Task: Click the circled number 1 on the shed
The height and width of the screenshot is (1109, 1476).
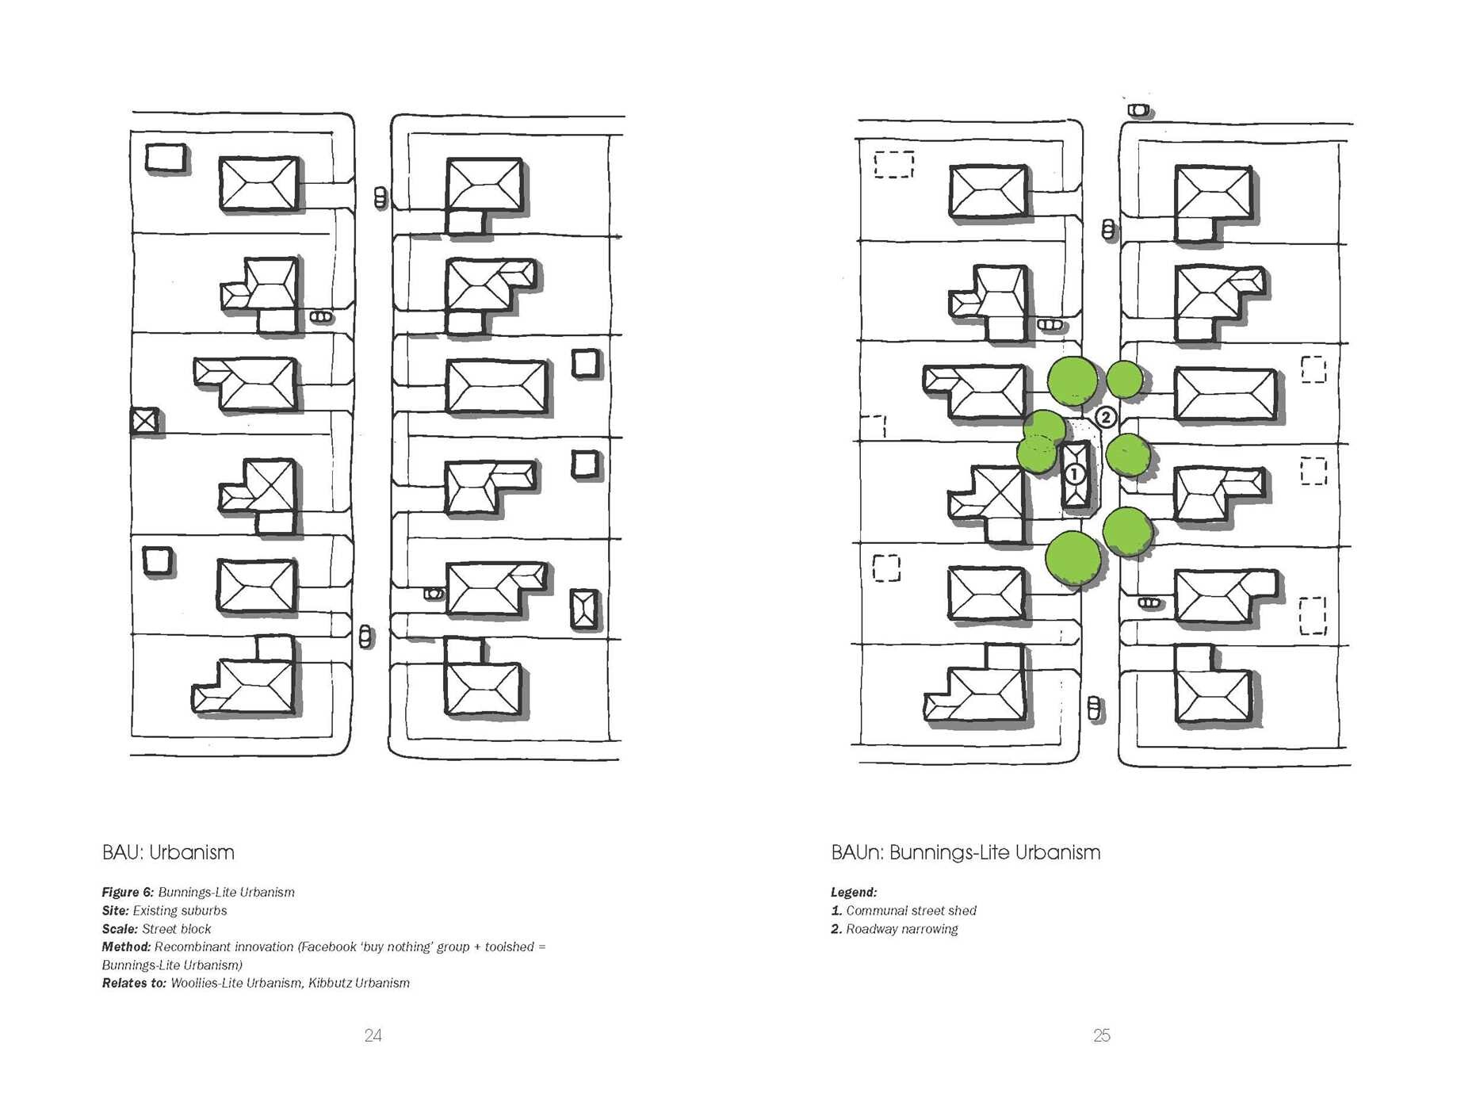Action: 1074,474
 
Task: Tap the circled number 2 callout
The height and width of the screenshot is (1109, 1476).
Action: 1106,417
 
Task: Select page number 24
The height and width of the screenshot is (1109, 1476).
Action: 373,1035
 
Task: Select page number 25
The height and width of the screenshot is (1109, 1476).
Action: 1102,1035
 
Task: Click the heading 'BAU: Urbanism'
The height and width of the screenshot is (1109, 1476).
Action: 168,853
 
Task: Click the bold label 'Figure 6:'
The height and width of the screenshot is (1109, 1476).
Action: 128,893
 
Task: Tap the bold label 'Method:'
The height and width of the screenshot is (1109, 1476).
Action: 126,947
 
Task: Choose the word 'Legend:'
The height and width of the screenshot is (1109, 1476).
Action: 854,893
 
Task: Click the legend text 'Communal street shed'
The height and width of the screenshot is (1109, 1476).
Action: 911,911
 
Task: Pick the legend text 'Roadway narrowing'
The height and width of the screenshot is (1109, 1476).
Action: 901,929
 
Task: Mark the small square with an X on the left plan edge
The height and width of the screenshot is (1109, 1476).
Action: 144,421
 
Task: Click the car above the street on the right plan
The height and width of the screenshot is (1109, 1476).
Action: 1139,109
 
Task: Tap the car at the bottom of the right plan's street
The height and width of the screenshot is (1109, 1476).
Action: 1095,708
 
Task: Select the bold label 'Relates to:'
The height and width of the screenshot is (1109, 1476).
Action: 134,983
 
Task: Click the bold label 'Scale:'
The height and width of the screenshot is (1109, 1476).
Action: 120,929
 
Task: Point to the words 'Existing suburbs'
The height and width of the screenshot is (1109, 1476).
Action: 180,911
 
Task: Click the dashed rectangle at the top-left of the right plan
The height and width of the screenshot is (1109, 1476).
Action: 894,164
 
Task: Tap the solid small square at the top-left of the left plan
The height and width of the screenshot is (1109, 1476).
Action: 166,158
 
